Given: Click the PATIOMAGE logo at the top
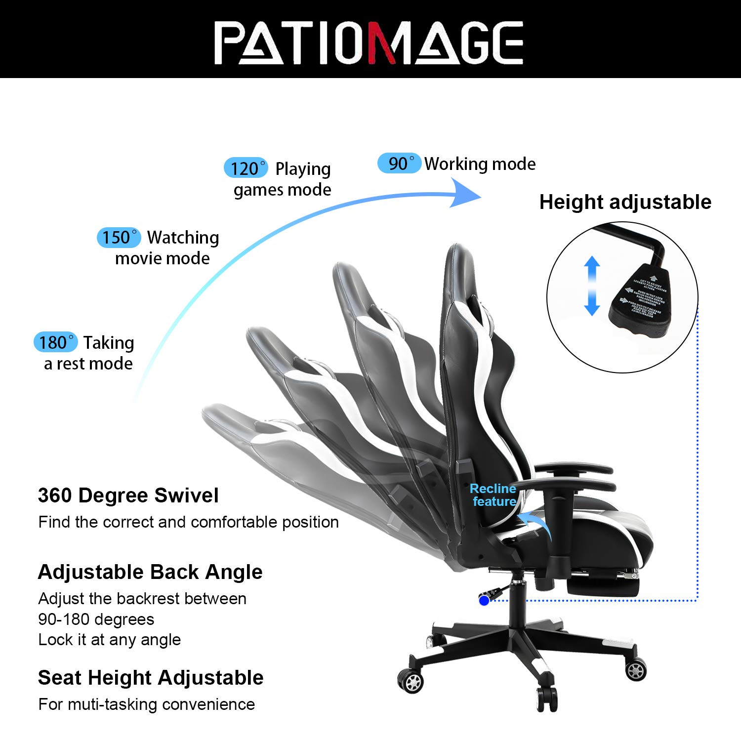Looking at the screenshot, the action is pos(369,42).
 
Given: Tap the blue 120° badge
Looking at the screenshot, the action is pos(246,168).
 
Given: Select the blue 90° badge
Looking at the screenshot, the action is pos(399,163).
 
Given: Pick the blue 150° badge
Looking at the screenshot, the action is pos(119,237).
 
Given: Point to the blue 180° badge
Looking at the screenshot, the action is pos(55,342).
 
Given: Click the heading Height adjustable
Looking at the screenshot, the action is pos(625,202).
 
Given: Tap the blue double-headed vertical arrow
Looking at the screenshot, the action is pos(592,286).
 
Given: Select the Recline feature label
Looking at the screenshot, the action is pos(493,495).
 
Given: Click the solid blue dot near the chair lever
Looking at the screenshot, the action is pos(484,600).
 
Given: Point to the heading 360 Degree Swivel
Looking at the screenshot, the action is pos(128,495).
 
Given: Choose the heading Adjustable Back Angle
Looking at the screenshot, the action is pos(150,572).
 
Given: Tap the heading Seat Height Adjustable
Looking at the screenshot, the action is pos(151,678).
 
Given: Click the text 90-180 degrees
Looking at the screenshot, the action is pos(96,619).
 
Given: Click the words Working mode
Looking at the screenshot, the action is pos(480,164).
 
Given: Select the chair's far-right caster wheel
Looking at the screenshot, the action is pos(635,670).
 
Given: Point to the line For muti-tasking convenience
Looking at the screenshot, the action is pos(147,704).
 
